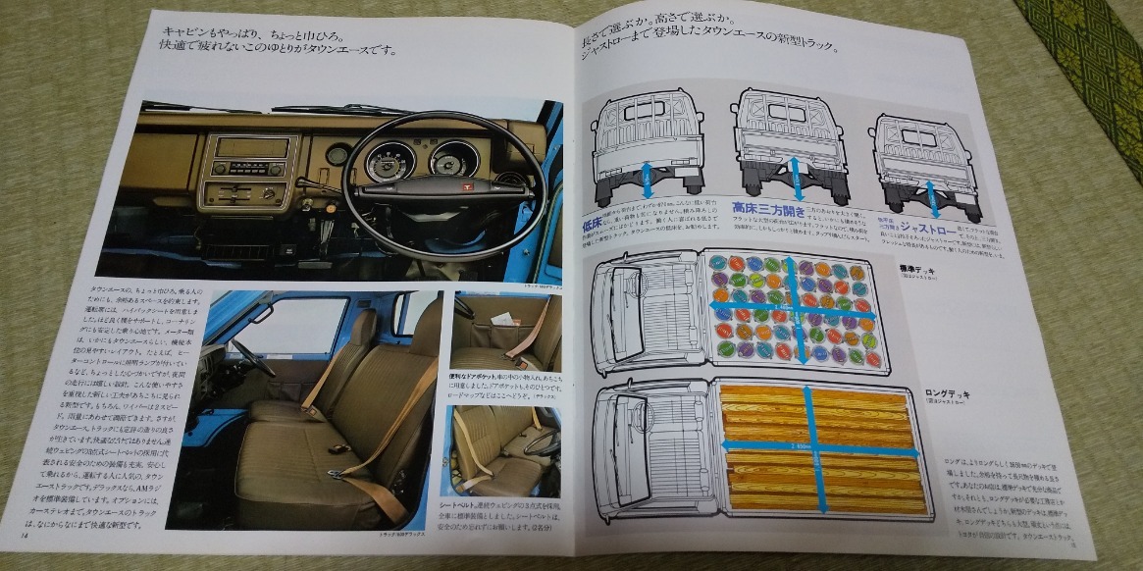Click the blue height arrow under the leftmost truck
648,181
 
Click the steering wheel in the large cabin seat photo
250,357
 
